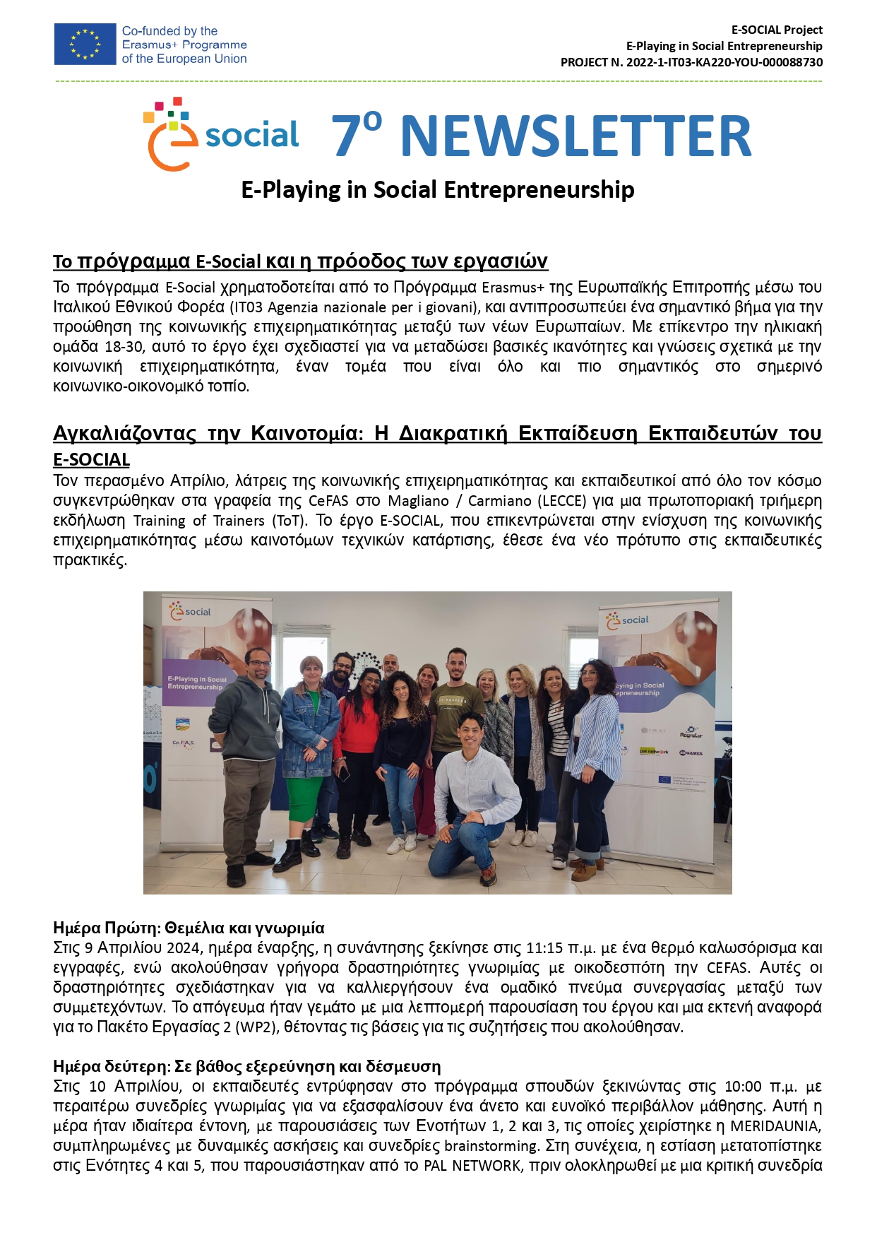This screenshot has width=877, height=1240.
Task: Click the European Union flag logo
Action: click(85, 44)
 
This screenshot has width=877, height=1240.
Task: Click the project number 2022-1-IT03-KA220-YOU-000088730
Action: click(724, 62)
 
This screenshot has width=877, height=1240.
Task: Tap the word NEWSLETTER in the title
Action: click(575, 136)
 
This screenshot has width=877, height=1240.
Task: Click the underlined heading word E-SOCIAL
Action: click(92, 460)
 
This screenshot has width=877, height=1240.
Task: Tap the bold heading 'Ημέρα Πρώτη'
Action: click(105, 928)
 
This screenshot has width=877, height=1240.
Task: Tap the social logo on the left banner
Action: click(190, 612)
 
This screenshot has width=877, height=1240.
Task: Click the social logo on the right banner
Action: click(628, 620)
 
